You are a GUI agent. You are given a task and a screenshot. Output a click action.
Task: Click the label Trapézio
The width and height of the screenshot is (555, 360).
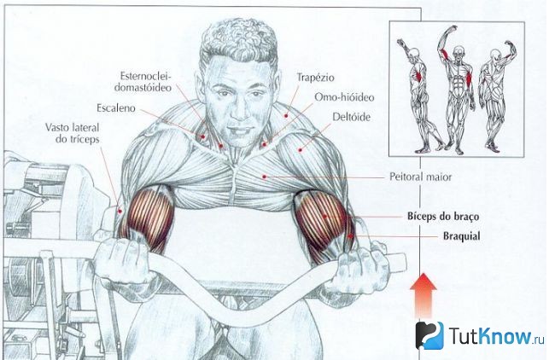click(315, 78)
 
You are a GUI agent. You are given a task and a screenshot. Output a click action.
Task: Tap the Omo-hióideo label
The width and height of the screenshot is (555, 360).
click(344, 97)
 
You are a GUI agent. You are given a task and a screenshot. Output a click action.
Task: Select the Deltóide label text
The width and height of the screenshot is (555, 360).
click(352, 117)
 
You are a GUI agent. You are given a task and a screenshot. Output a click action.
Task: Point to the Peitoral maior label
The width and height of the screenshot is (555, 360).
click(420, 177)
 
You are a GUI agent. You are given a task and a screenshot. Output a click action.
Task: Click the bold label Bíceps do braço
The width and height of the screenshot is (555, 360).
click(443, 216)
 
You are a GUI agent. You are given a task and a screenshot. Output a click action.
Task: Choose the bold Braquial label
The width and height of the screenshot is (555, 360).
click(462, 235)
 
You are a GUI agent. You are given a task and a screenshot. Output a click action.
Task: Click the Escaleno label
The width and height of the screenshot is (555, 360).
click(116, 107)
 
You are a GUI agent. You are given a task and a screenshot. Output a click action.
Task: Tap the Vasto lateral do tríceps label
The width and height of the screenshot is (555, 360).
click(73, 133)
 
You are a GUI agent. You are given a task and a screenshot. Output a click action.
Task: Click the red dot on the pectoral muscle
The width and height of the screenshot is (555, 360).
click(264, 177)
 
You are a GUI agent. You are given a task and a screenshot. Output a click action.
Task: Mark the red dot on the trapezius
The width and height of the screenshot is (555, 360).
click(286, 116)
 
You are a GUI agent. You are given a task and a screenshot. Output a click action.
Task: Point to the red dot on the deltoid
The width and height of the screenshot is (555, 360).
click(301, 150)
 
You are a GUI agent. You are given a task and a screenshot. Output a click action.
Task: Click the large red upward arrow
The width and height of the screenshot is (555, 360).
click(424, 295)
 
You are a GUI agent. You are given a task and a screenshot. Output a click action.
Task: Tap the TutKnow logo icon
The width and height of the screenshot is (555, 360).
click(429, 335)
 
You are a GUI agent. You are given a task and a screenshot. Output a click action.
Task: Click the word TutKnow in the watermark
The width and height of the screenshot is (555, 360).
click(491, 335)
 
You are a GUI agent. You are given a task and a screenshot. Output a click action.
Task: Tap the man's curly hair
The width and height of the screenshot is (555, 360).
click(238, 41)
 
